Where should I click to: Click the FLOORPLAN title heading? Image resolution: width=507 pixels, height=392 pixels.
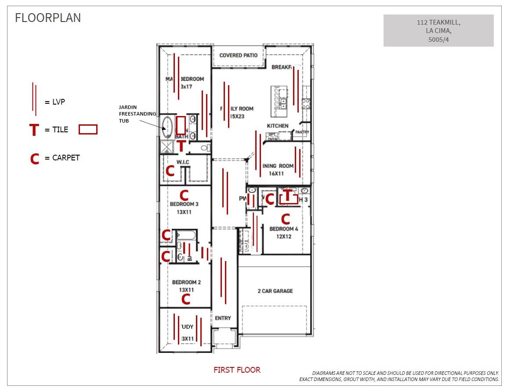tap(48, 18)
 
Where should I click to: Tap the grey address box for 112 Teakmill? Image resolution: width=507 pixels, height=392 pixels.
tap(438, 30)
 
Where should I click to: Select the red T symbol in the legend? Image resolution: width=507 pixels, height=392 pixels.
tap(34, 130)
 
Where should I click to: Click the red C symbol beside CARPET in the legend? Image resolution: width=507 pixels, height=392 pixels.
tap(35, 158)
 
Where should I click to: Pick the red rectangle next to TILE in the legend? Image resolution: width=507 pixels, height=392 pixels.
tap(88, 130)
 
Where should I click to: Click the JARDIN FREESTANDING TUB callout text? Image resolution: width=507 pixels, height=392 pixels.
tap(137, 114)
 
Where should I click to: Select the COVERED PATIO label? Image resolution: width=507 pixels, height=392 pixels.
tap(239, 55)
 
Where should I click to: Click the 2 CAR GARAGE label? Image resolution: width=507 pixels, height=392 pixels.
tap(275, 291)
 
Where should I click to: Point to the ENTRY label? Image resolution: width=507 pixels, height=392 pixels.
tap(223, 318)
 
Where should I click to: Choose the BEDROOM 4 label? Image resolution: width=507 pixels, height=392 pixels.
tap(283, 229)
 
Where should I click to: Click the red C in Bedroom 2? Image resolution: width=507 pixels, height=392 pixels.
tap(186, 299)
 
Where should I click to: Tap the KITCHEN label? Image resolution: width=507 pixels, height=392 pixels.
tap(278, 126)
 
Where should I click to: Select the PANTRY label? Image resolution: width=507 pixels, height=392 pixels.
tap(302, 132)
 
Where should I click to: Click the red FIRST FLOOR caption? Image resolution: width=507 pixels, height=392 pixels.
tap(237, 370)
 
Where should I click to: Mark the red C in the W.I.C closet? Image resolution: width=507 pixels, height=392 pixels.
tap(170, 171)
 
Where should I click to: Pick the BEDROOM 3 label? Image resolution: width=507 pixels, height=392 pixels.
tap(184, 204)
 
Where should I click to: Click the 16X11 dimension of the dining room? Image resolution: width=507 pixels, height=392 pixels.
tap(277, 174)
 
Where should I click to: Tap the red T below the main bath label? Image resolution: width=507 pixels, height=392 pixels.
tap(181, 146)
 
